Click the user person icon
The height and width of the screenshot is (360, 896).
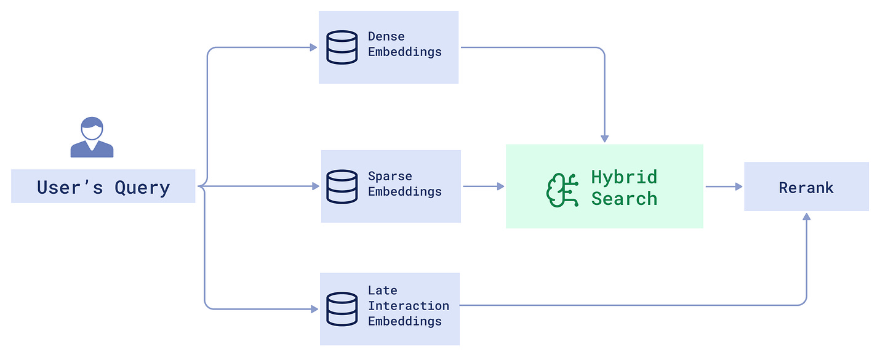click(x=92, y=137)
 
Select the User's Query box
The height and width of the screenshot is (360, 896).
click(x=103, y=186)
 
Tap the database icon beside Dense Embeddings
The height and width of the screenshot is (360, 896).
click(x=342, y=47)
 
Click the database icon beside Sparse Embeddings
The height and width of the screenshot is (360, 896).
click(x=342, y=186)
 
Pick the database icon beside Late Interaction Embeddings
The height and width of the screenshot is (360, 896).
click(x=342, y=309)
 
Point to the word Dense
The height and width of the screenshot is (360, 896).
click(x=386, y=36)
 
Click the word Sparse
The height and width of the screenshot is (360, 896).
click(x=390, y=176)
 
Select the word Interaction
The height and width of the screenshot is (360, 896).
click(x=408, y=306)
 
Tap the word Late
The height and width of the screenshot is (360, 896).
click(x=382, y=290)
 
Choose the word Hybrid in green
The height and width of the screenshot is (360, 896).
click(x=623, y=177)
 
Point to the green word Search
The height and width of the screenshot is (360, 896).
click(x=623, y=199)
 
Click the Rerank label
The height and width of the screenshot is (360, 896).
click(x=806, y=188)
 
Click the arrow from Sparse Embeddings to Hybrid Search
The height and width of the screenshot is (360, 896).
click(x=483, y=186)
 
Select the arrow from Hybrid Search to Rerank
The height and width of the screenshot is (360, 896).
click(x=724, y=186)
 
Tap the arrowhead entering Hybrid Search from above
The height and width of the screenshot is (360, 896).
click(x=604, y=138)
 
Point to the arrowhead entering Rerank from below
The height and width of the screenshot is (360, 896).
click(x=806, y=217)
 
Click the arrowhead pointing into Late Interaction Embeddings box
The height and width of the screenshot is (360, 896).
click(x=314, y=309)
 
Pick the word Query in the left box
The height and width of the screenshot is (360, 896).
click(x=142, y=187)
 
